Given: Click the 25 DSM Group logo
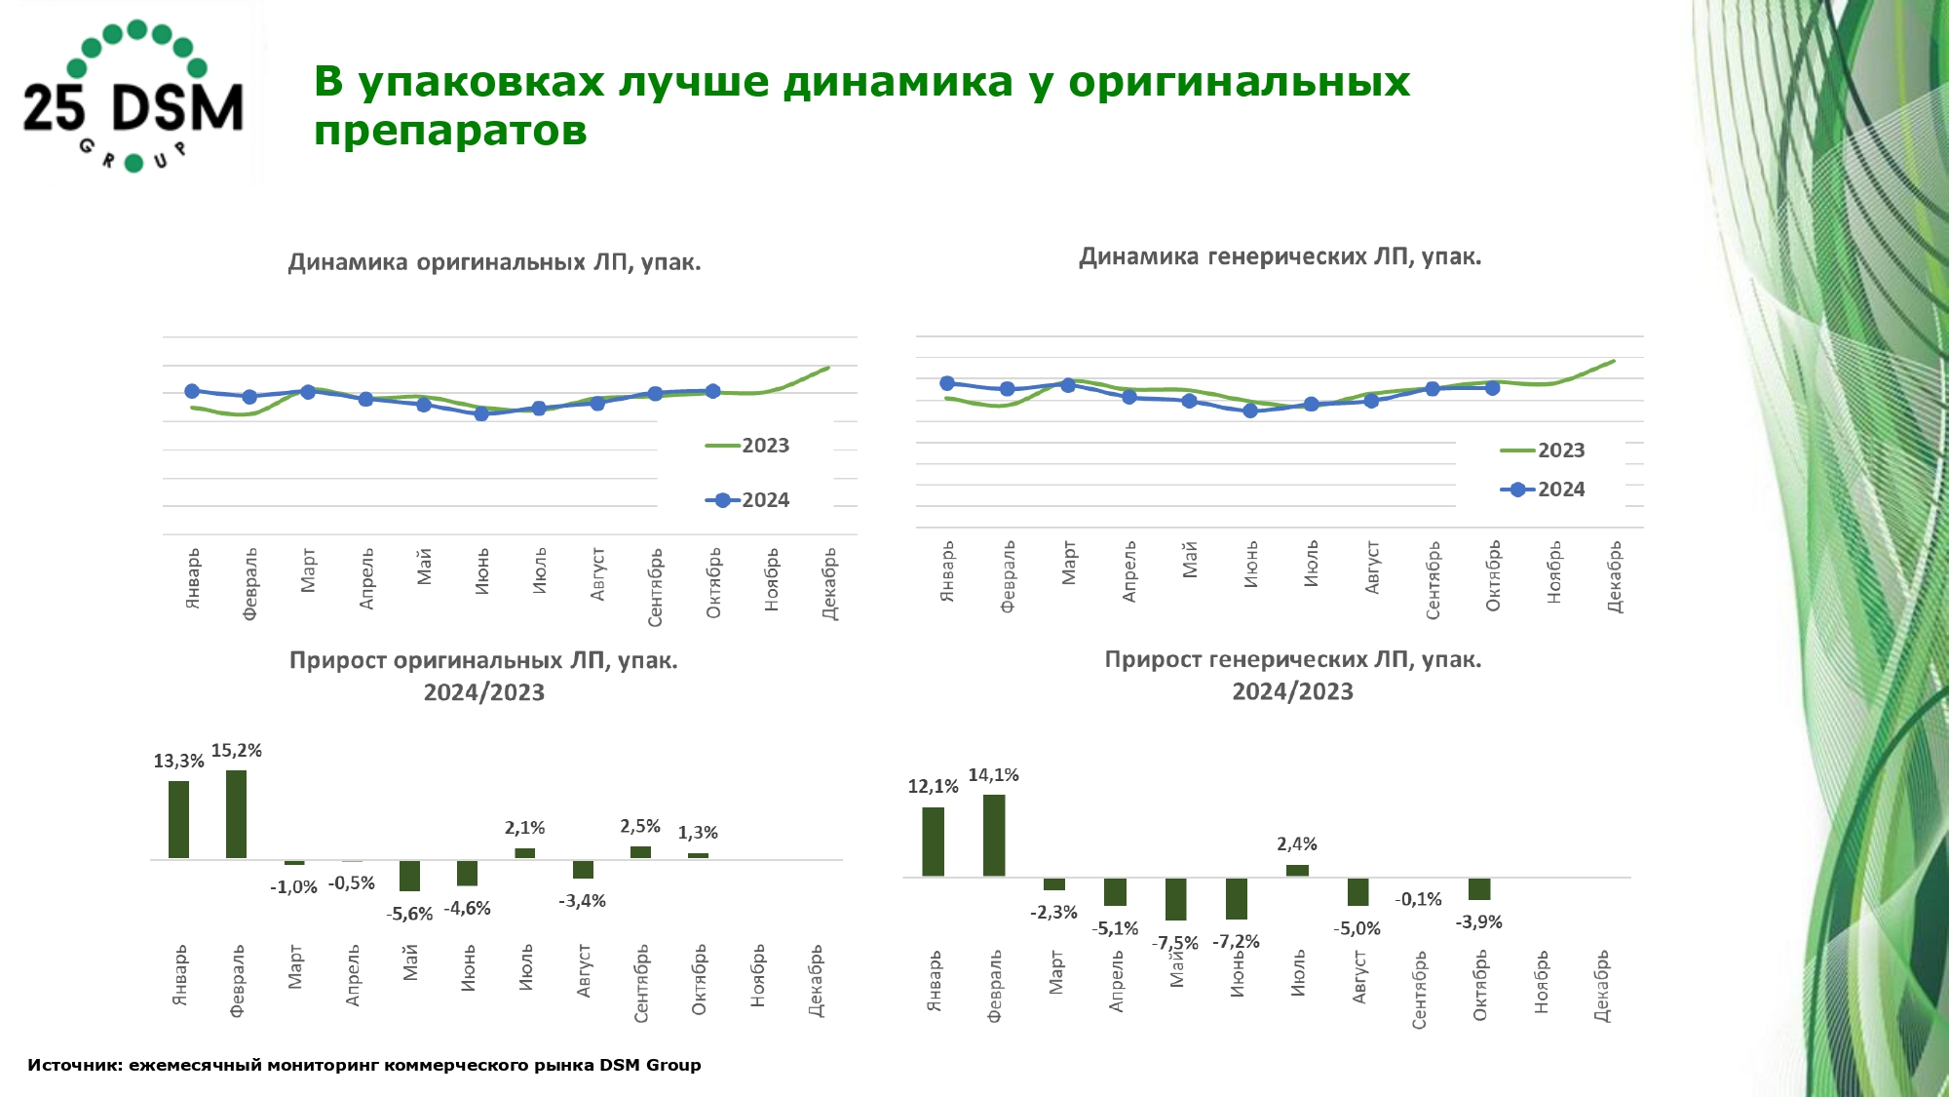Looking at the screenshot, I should pyautogui.click(x=134, y=96).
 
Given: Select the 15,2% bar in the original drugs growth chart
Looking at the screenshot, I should pyautogui.click(x=236, y=814).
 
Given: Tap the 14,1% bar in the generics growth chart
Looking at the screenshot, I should pyautogui.click(x=994, y=836).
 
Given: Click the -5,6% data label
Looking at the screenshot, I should pyautogui.click(x=409, y=914).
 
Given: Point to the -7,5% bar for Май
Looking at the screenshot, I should pyautogui.click(x=1176, y=899).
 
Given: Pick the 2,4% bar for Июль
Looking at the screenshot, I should pyautogui.click(x=1297, y=870).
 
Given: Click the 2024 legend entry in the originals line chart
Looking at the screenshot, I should pyautogui.click(x=748, y=500).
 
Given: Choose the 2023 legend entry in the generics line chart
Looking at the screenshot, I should pyautogui.click(x=1544, y=451).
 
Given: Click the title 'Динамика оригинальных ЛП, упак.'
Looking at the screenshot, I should pyautogui.click(x=494, y=262).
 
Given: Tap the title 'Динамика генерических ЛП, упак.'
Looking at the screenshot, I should pyautogui.click(x=1280, y=256).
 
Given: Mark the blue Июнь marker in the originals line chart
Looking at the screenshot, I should pyautogui.click(x=481, y=413).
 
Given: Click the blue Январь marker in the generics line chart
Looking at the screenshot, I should pyautogui.click(x=947, y=383).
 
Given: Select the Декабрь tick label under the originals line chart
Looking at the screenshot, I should pyautogui.click(x=829, y=583).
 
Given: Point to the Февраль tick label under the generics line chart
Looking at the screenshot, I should pyautogui.click(x=1008, y=576).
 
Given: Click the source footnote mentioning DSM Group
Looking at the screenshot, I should pyautogui.click(x=363, y=1065).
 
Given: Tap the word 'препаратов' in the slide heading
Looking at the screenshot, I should pyautogui.click(x=450, y=131).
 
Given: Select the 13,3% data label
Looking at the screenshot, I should pyautogui.click(x=178, y=762).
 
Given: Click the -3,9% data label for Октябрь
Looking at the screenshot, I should pyautogui.click(x=1478, y=922).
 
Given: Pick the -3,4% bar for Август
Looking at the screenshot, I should pyautogui.click(x=583, y=870).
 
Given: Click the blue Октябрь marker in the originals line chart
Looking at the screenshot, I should pyautogui.click(x=712, y=391).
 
